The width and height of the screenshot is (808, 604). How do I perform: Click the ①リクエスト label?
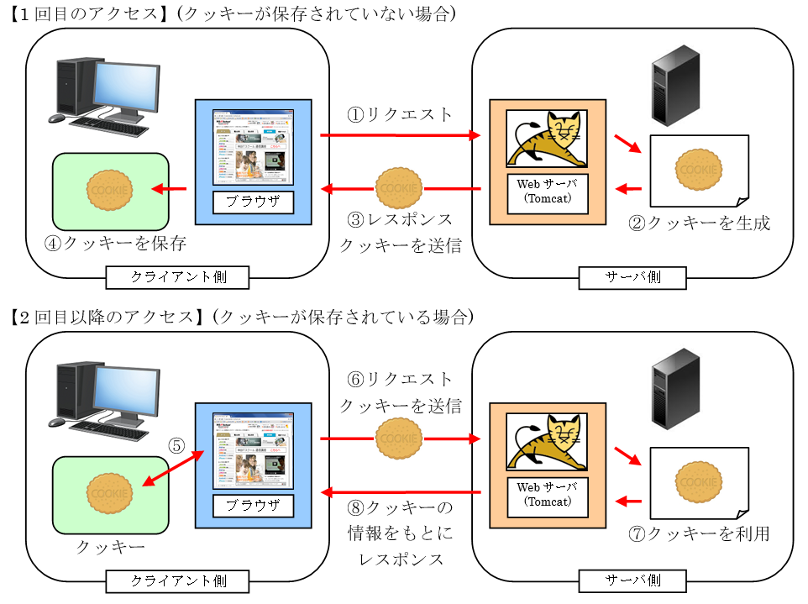pyautogui.click(x=400, y=114)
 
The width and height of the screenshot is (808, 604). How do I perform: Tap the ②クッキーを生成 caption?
pyautogui.click(x=700, y=223)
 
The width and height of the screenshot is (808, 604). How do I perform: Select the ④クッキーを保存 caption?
pyautogui.click(x=116, y=243)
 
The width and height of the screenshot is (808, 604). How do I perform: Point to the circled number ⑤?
pyautogui.click(x=176, y=446)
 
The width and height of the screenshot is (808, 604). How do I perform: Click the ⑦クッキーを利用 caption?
pyautogui.click(x=700, y=533)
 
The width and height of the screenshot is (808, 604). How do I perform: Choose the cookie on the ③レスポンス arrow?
pyautogui.click(x=399, y=189)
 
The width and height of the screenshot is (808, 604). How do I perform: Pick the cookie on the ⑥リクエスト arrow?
pyautogui.click(x=399, y=439)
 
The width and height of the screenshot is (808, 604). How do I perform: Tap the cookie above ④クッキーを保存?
pyautogui.click(x=110, y=190)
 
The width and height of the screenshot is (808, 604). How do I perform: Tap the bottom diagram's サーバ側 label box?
pyautogui.click(x=632, y=580)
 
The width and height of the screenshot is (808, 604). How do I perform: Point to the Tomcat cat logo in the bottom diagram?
pyautogui.click(x=546, y=440)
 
